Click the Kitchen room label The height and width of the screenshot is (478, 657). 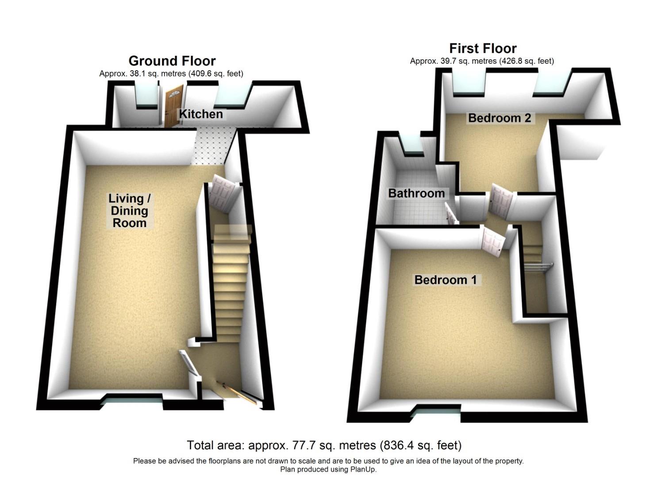tap(200, 114)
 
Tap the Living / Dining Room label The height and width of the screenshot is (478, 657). tap(129, 211)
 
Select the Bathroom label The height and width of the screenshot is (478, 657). tap(416, 193)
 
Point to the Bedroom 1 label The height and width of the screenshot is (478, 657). tap(446, 280)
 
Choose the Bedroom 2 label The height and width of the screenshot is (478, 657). tap(499, 118)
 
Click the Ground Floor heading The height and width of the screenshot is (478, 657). tap(172, 61)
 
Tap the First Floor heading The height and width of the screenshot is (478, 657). tap(483, 48)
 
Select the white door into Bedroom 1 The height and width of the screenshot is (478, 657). tap(492, 242)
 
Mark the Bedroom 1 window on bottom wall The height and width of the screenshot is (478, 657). tap(439, 412)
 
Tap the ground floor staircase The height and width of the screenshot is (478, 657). tap(229, 283)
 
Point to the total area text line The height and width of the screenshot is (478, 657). tap(324, 445)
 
